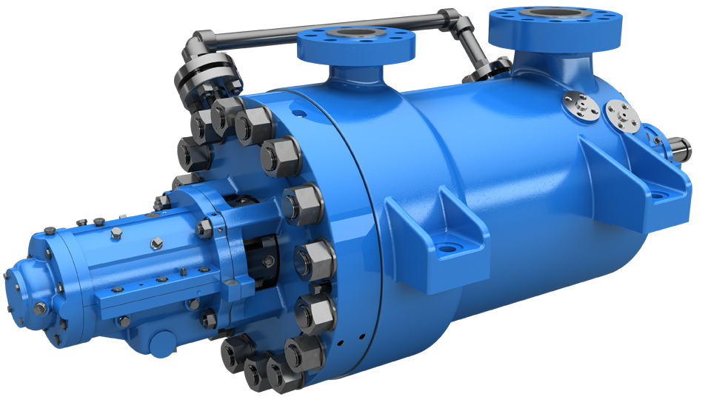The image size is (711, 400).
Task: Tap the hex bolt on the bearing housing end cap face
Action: [x=8, y=279]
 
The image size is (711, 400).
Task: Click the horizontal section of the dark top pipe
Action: [x=326, y=25]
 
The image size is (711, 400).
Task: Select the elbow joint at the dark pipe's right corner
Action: [x=453, y=18]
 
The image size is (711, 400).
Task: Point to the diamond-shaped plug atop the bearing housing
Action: [x=156, y=242]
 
